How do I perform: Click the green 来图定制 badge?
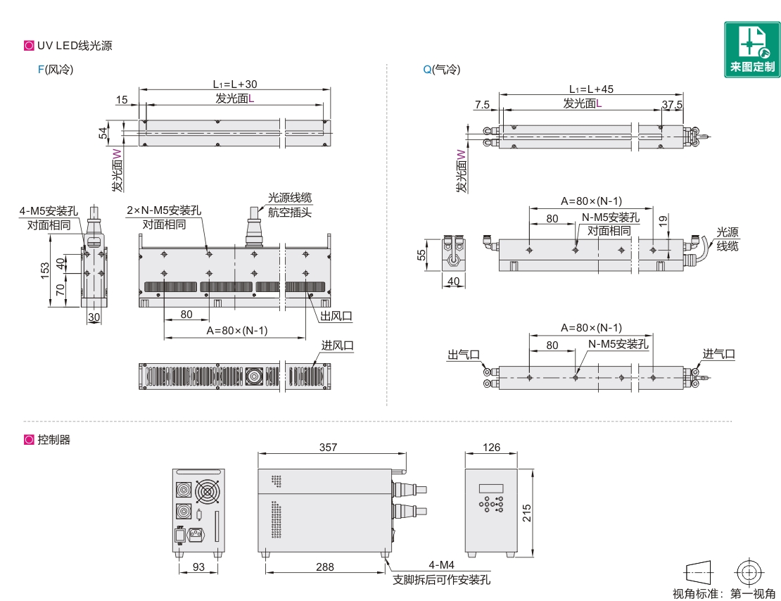pos(752,49)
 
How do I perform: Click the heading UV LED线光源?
pos(75,46)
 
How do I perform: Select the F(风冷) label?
pos(56,69)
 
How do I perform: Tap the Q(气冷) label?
pos(442,69)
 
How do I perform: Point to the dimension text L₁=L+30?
pos(235,84)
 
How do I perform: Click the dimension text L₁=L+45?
pos(591,89)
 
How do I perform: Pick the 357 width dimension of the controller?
pos(329,447)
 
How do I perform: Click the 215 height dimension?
pos(526,513)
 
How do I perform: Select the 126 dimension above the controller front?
pos(491,447)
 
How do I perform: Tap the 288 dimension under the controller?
pos(325,567)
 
